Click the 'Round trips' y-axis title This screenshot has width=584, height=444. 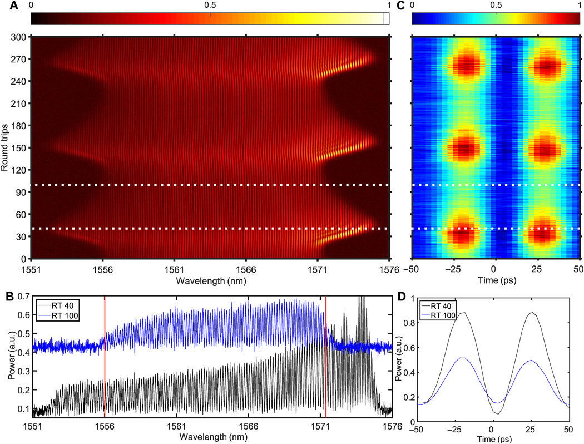coord(6,147)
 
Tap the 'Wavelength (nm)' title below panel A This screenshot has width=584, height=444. coord(210,280)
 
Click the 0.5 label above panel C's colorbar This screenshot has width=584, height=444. coord(496,4)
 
